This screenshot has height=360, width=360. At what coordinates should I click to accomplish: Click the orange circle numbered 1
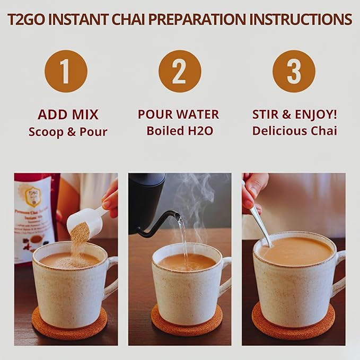pyautogui.click(x=65, y=71)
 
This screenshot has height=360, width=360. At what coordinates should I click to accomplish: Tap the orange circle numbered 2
pyautogui.click(x=179, y=71)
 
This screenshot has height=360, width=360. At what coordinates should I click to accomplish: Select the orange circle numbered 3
pyautogui.click(x=294, y=71)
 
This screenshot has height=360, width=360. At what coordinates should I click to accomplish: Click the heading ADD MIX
pyautogui.click(x=68, y=115)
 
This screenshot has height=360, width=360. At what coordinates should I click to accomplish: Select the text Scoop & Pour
pyautogui.click(x=68, y=131)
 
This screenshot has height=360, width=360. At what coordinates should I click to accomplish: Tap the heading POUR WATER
pyautogui.click(x=178, y=115)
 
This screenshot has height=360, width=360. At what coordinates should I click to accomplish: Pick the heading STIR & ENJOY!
pyautogui.click(x=294, y=115)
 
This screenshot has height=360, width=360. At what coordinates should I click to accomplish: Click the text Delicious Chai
pyautogui.click(x=294, y=130)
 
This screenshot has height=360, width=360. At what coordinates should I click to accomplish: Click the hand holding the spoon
pyautogui.click(x=254, y=188)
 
